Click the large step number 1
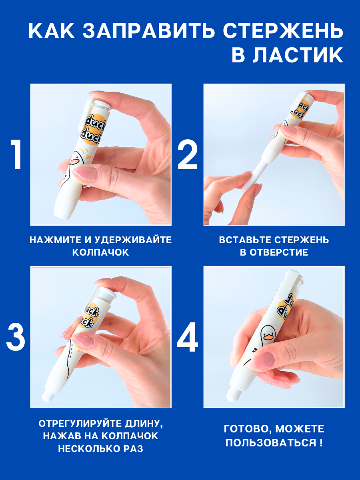click(x=16, y=155)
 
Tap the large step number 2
click(x=187, y=155)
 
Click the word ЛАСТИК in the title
click(x=298, y=55)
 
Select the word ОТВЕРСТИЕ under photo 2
click(x=279, y=252)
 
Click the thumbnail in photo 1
click(x=85, y=172)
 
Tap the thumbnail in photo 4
click(x=265, y=363)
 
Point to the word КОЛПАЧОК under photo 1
click(x=100, y=252)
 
